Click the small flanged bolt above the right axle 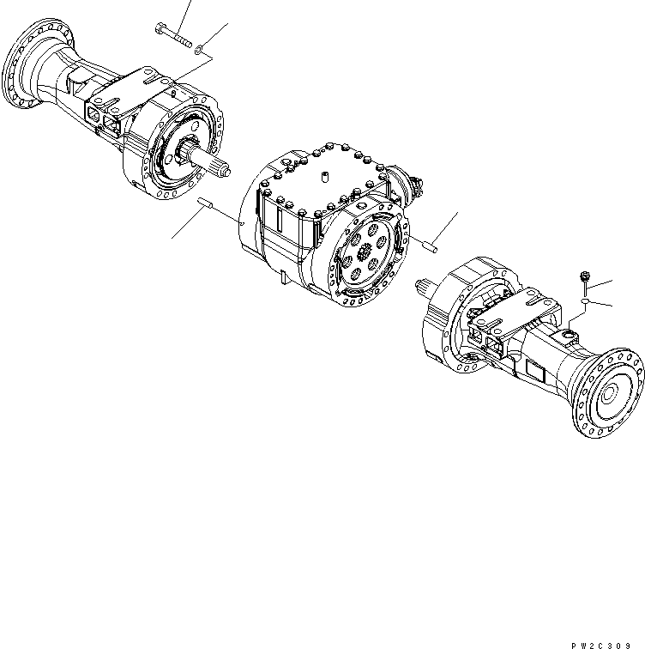coord(582,279)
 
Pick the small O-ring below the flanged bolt coord(584,303)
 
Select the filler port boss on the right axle coord(570,331)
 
